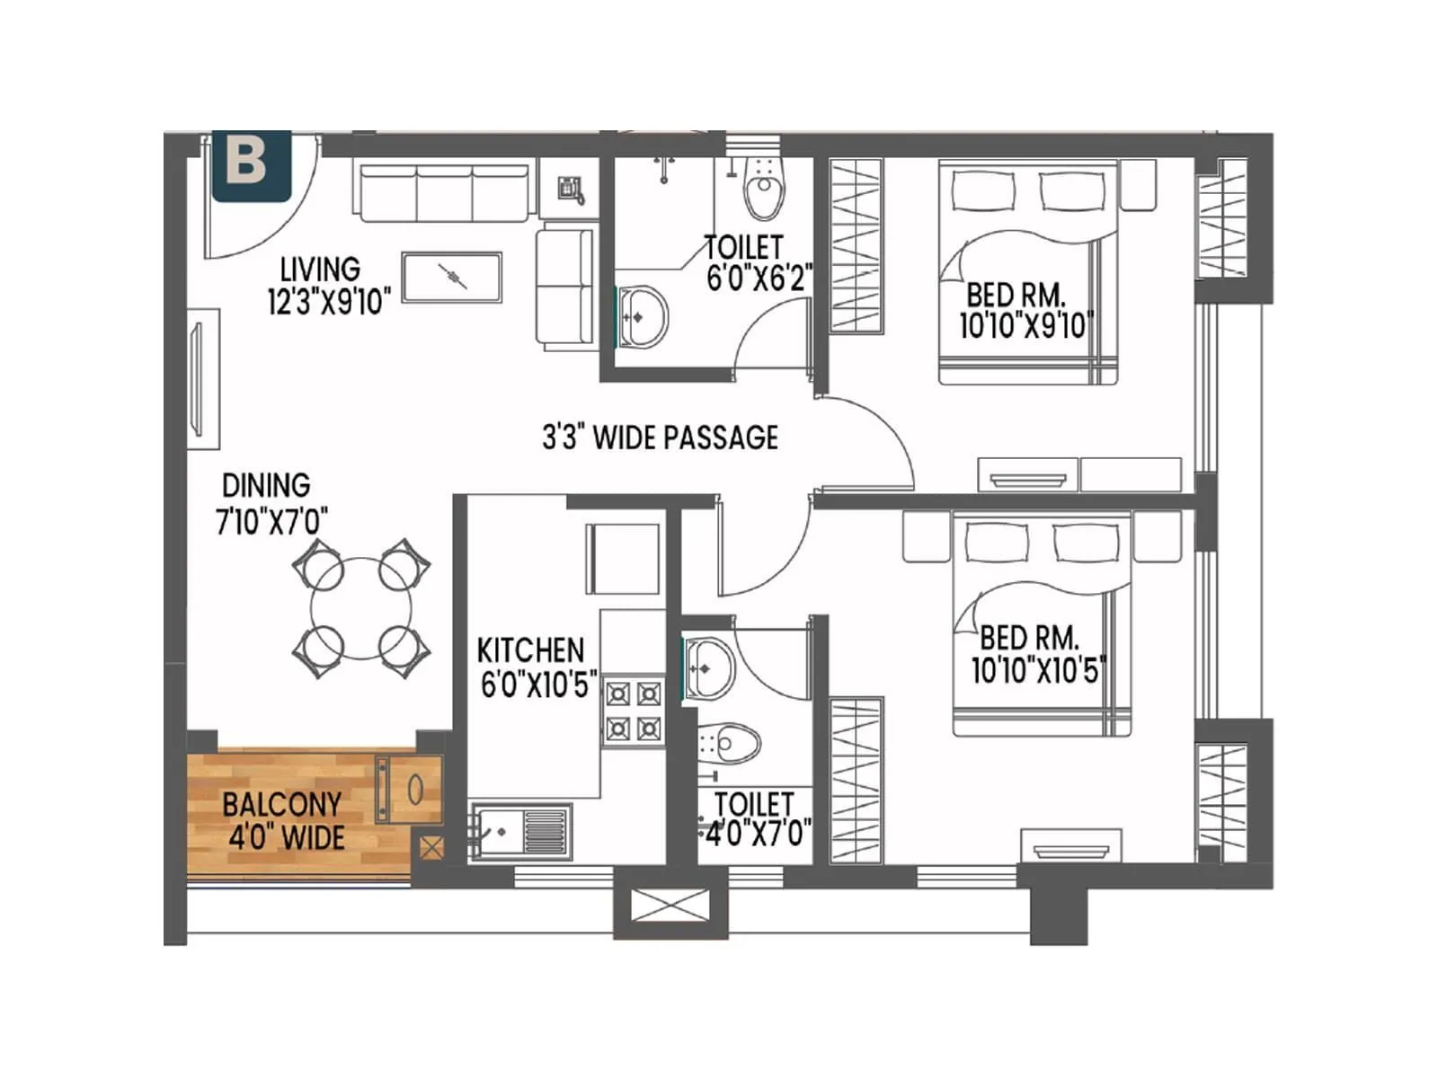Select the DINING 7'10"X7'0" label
[x=271, y=503]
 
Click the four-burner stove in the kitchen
[x=634, y=711]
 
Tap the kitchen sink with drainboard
[x=520, y=831]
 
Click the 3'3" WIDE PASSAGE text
[x=660, y=437]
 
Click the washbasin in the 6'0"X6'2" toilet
[x=643, y=316]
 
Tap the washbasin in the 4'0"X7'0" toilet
[x=710, y=667]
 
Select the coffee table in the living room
[x=452, y=278]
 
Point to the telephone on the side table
[x=570, y=190]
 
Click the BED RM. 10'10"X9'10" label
[x=1024, y=310]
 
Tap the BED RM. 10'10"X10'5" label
[x=1036, y=654]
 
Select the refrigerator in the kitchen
[x=622, y=558]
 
